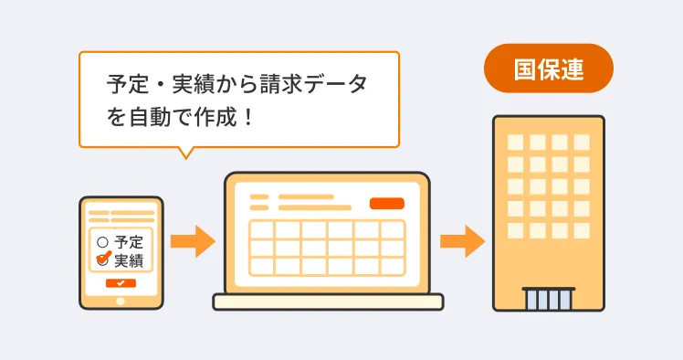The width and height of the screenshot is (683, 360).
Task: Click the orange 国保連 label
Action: tap(548, 69)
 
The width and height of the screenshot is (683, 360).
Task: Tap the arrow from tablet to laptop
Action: tap(192, 241)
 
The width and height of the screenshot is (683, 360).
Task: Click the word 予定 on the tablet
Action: tap(129, 243)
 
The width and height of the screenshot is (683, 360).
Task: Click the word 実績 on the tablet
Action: tap(129, 259)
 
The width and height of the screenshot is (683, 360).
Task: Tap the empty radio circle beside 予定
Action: tap(102, 243)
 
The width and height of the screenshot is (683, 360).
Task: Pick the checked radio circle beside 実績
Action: tap(103, 259)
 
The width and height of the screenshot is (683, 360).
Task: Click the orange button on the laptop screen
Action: tap(386, 203)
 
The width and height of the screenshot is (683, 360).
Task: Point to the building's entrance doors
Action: tap(548, 300)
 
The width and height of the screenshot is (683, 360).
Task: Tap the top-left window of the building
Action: tap(516, 143)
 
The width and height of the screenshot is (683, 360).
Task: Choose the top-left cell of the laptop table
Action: tap(261, 229)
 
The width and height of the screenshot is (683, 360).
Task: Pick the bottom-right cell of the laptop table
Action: tap(393, 266)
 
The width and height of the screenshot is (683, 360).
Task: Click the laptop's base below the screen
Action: tap(327, 302)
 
